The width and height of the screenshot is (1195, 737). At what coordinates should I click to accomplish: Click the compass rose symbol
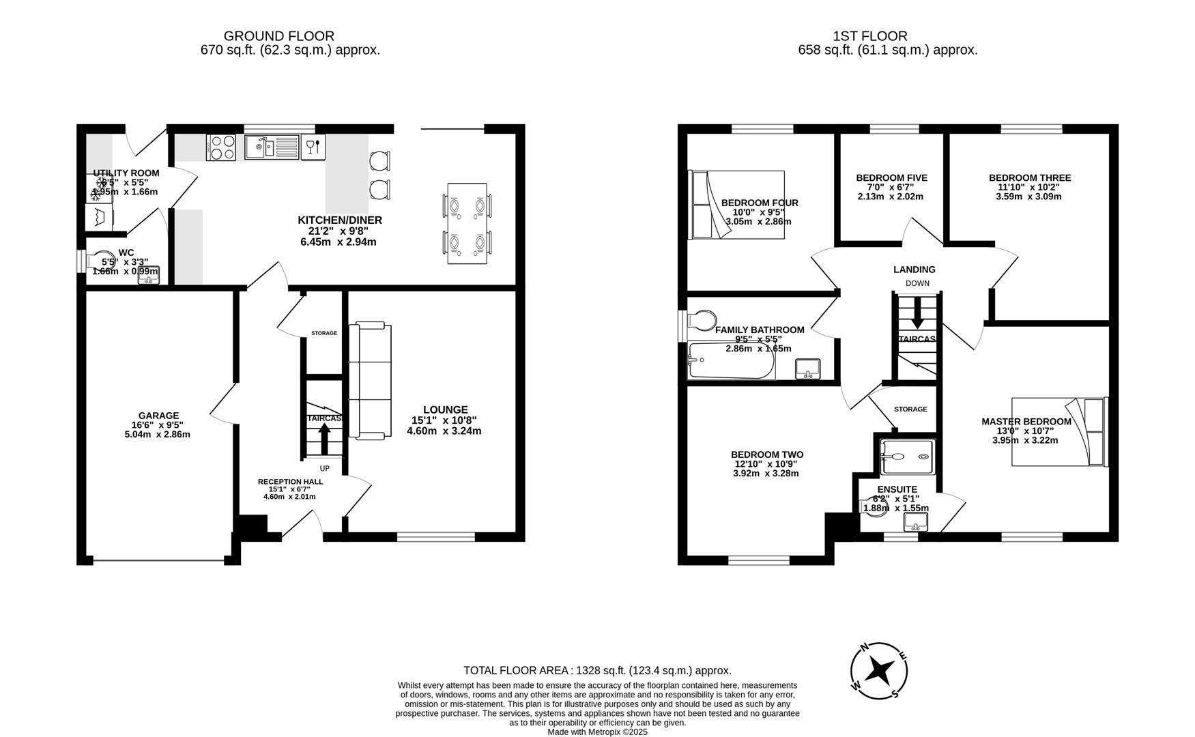click(x=879, y=671)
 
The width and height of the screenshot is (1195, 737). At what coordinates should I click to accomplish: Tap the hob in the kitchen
click(x=221, y=147)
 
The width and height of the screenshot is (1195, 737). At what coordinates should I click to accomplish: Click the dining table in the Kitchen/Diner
click(x=467, y=223)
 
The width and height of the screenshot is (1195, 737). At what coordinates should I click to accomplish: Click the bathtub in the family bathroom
click(x=731, y=361)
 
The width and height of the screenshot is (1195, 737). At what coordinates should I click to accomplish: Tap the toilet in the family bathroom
click(x=702, y=320)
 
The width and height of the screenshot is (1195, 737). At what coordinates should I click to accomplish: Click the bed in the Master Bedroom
click(x=1059, y=431)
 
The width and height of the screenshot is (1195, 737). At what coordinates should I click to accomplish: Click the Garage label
click(x=158, y=416)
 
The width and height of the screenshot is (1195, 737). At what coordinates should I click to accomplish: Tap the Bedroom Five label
click(x=891, y=178)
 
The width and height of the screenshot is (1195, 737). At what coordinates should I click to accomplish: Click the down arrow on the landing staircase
click(x=917, y=313)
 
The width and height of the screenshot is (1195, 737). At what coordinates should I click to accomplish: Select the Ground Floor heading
click(x=278, y=36)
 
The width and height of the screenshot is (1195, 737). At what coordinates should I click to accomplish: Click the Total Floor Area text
click(x=597, y=670)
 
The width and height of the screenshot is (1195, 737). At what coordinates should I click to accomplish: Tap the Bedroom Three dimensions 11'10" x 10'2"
click(x=1028, y=188)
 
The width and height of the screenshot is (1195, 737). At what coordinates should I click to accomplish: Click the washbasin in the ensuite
click(x=915, y=522)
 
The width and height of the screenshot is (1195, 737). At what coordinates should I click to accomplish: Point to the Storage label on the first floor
click(x=910, y=409)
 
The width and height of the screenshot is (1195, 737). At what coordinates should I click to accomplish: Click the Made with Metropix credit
click(x=597, y=732)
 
